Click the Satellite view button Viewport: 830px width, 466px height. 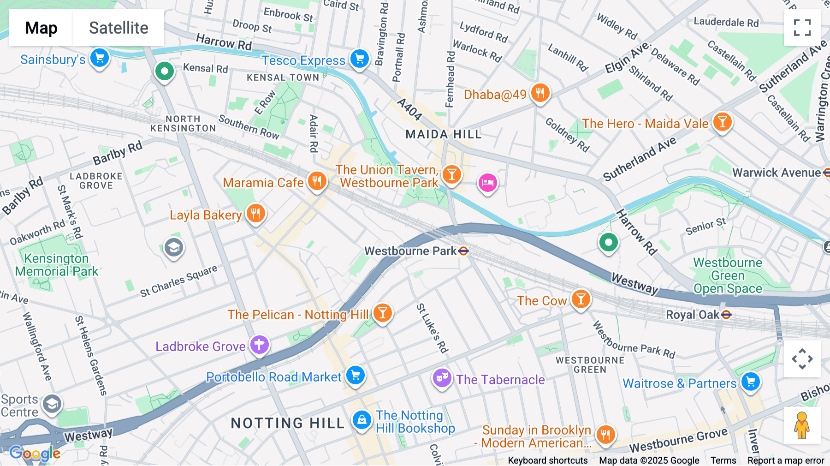pos(119,28)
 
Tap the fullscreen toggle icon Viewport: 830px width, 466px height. pos(802,28)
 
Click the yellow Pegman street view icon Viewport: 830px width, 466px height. pos(802,425)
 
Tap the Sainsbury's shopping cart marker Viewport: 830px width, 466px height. pos(100,58)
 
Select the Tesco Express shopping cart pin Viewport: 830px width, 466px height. pos(360,59)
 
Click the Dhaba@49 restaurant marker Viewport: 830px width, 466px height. pos(540,93)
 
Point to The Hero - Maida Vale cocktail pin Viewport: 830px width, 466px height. pos(722,122)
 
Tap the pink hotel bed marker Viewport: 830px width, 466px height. pos(487,183)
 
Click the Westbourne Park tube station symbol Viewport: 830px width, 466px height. pos(463,251)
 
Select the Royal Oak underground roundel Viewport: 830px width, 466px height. pos(726,315)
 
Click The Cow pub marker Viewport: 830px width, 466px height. pos(581,299)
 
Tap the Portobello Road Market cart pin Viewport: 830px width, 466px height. pos(356,375)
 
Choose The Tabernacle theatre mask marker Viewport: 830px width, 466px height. pos(442,378)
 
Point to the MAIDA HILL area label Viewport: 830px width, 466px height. pos(444,134)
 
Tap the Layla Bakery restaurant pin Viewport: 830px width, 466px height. pos(256,213)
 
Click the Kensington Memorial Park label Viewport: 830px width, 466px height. pos(56,265)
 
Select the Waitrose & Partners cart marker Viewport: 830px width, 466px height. pos(751,382)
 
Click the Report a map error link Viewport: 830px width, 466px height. pos(786,460)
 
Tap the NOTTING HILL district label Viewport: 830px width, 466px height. pos(288,423)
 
